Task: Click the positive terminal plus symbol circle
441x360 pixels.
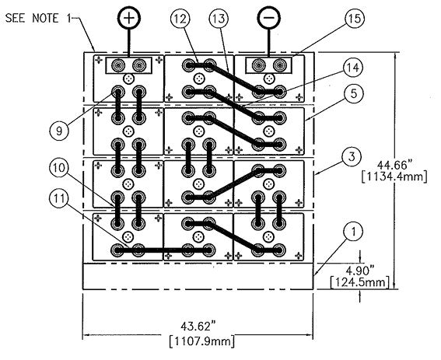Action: coord(129,18)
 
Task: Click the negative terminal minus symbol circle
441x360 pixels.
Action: coord(269,18)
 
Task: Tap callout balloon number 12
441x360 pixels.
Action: coord(180,19)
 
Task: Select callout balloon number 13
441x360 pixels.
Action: coord(219,19)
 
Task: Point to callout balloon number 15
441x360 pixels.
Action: coord(355,19)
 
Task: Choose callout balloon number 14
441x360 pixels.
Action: coord(352,68)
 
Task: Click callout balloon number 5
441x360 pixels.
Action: coord(354,93)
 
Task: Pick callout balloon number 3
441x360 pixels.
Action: coord(352,156)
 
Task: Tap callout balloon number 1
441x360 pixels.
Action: coord(354,232)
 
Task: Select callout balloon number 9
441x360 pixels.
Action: coord(59,131)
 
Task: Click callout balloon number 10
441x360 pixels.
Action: coord(59,168)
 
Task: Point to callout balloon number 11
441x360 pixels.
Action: coord(59,198)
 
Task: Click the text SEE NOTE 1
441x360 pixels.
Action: coord(37,19)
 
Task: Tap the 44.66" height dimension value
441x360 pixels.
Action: coord(394,164)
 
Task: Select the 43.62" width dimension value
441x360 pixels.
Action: coord(199,327)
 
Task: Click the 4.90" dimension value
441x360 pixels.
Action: coord(360,271)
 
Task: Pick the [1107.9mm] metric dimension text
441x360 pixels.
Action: coord(202,341)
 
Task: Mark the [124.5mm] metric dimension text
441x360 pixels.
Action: coord(360,282)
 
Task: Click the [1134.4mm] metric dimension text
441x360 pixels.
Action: coord(394,177)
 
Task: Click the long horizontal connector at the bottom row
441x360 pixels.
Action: coord(163,250)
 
